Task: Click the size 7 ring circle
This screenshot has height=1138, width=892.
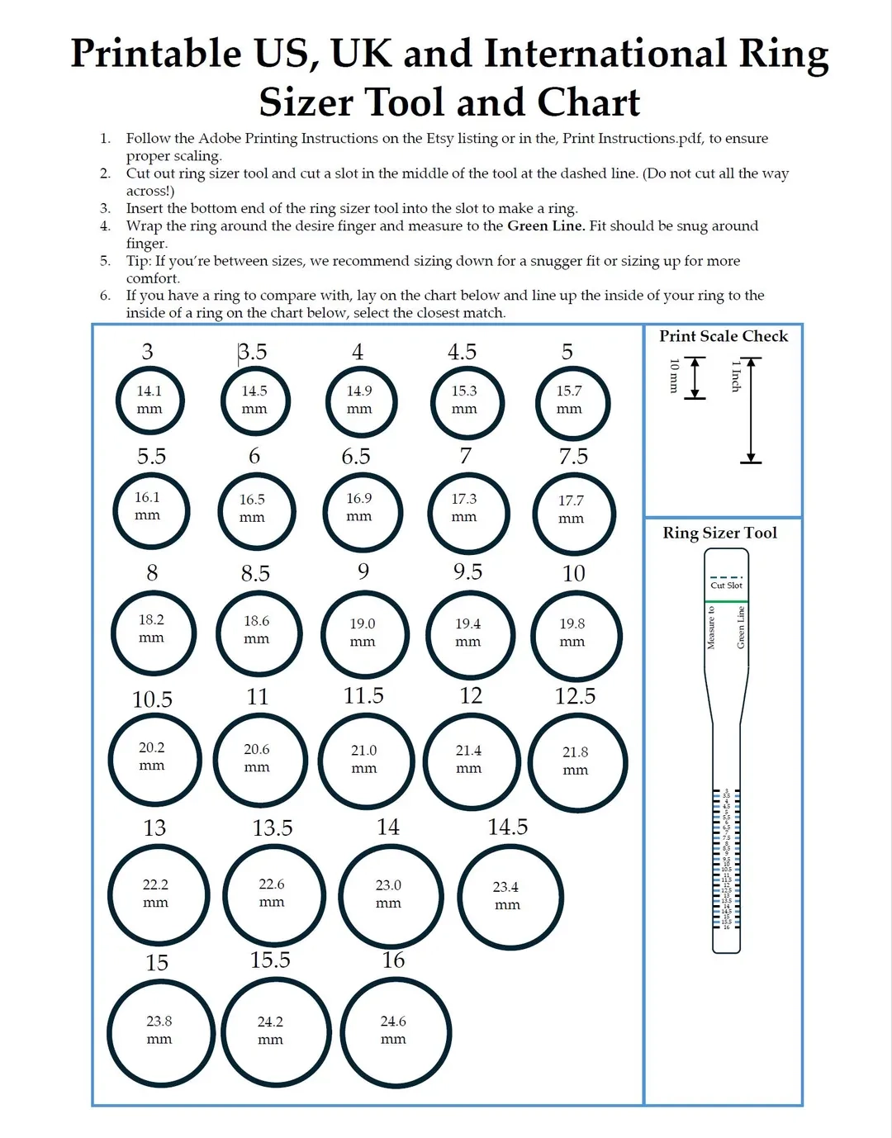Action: click(x=468, y=513)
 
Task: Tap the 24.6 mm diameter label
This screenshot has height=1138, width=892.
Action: click(x=393, y=1030)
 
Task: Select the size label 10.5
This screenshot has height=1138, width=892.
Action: click(x=152, y=699)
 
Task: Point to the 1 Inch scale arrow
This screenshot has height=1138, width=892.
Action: click(x=751, y=410)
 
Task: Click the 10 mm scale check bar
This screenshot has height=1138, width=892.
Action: click(x=695, y=378)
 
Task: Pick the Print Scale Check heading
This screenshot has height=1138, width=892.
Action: click(x=723, y=336)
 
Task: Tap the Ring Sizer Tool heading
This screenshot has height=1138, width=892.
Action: click(x=719, y=533)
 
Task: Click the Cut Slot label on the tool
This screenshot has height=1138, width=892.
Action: click(x=726, y=585)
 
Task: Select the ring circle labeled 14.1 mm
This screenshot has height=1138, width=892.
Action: click(x=149, y=400)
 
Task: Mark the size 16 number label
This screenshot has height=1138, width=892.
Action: click(x=393, y=960)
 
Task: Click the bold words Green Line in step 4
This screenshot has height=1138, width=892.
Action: click(x=545, y=225)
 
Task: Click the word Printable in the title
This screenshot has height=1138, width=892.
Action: click(x=155, y=54)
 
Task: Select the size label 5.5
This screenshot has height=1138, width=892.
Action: click(x=151, y=456)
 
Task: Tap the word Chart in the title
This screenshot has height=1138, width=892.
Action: click(x=588, y=103)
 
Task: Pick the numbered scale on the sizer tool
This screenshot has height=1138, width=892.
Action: click(x=726, y=859)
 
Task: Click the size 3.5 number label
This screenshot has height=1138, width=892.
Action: click(x=253, y=352)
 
